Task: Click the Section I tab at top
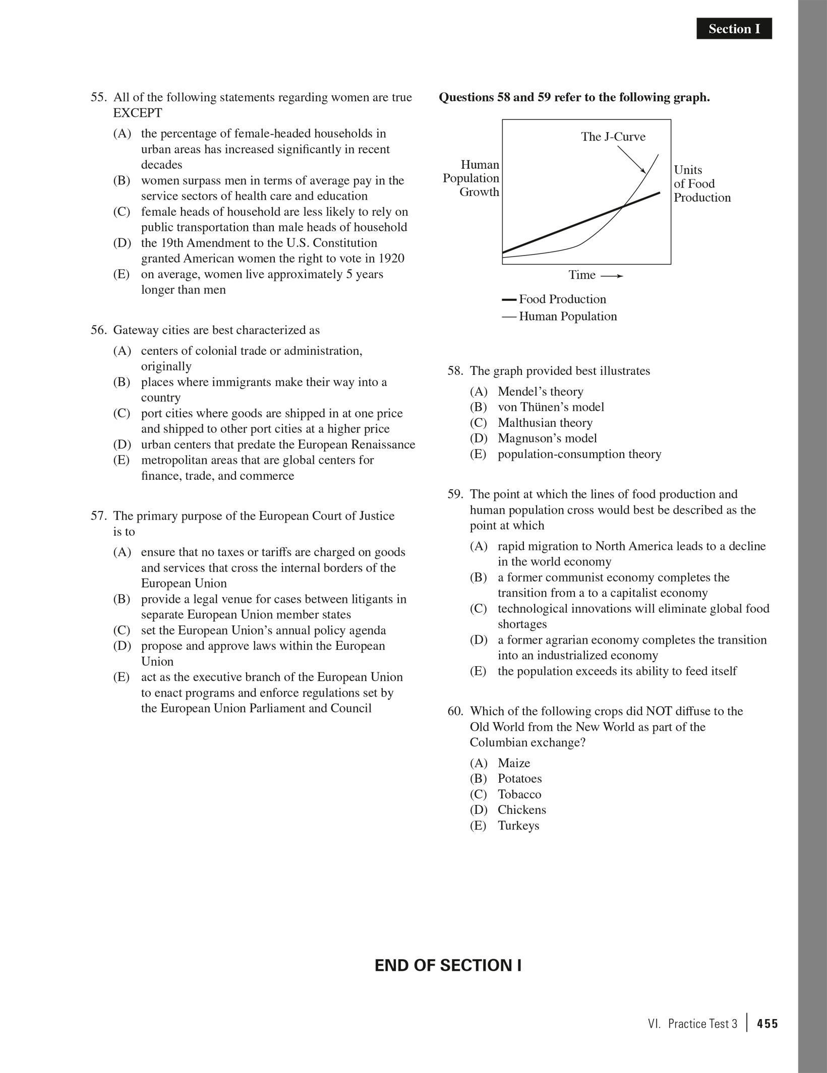pos(734,29)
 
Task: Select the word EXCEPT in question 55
pos(138,113)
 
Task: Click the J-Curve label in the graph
pos(613,137)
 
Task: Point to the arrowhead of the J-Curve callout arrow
pos(645,173)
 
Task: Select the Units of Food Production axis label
pos(701,183)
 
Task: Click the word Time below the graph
pos(582,275)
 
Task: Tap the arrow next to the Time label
pos(612,276)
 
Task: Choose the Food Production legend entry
pos(562,299)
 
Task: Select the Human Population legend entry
pos(567,317)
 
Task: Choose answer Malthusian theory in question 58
pos(545,423)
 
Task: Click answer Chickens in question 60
pos(521,810)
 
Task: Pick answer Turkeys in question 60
pos(518,826)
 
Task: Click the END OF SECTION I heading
pos(448,965)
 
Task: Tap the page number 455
pos(767,1024)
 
